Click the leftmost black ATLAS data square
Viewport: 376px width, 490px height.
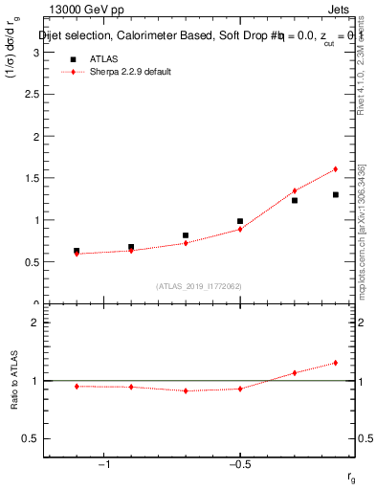77,251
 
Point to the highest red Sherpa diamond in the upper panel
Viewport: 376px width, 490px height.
336,169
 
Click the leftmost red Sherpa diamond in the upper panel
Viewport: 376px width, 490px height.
77,254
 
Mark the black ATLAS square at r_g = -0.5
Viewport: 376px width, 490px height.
240,221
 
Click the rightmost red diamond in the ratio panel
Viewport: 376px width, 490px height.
336,363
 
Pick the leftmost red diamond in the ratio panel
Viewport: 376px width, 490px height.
77,386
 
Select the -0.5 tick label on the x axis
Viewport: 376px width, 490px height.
239,465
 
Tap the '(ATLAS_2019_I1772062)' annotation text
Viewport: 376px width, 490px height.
199,285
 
